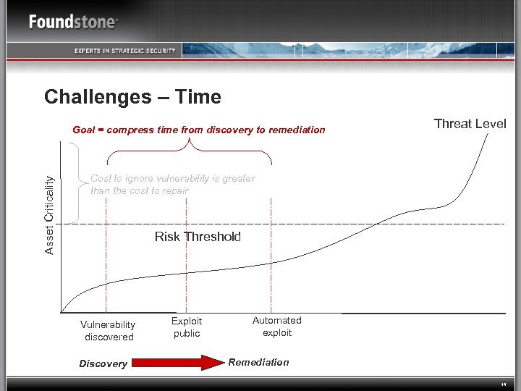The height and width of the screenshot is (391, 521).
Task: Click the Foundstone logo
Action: point(73,22)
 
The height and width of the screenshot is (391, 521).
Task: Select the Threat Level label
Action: point(470,124)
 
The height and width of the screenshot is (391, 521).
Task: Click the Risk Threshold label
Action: point(198,237)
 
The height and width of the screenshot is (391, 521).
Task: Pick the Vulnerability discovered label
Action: point(108,331)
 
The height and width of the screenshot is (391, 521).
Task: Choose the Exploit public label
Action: point(187,327)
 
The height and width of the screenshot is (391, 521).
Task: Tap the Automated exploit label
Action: point(277,327)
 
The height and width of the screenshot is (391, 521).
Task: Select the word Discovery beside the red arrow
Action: point(103,363)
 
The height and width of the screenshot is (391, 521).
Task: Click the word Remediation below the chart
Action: point(258,362)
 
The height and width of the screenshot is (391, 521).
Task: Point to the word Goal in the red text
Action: point(84,130)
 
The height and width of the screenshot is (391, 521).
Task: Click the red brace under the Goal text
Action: point(190,151)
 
